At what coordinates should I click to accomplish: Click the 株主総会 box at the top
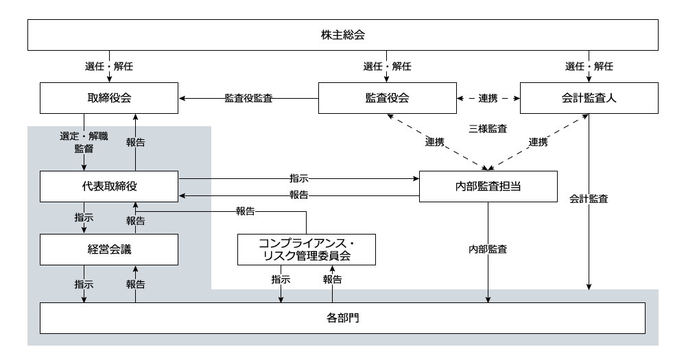click(x=343, y=34)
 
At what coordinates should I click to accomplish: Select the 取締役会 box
click(x=110, y=98)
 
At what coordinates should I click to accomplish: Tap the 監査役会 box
click(x=386, y=98)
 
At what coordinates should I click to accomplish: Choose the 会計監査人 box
click(x=589, y=98)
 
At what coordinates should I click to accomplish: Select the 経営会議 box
click(x=110, y=250)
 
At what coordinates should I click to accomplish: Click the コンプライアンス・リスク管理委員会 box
click(x=307, y=250)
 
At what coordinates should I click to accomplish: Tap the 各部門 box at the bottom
click(x=343, y=317)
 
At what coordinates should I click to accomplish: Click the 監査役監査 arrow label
click(x=249, y=98)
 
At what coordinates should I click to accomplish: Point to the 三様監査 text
click(x=488, y=128)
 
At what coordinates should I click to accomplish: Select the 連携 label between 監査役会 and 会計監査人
click(x=488, y=98)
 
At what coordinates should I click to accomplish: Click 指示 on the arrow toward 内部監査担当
click(x=299, y=178)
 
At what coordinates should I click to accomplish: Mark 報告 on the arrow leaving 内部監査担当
click(x=299, y=195)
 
